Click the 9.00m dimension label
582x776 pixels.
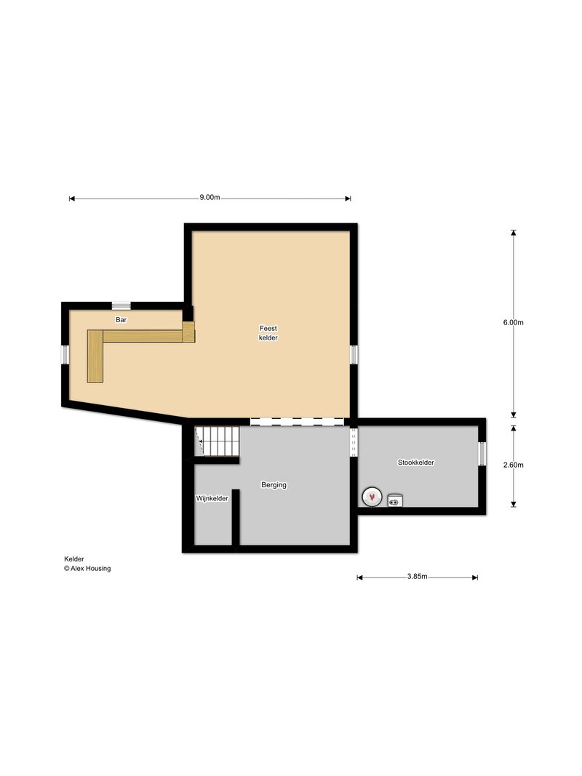pyautogui.click(x=210, y=198)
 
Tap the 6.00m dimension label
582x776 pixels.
pyautogui.click(x=513, y=323)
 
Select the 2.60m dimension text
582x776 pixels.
pyautogui.click(x=513, y=465)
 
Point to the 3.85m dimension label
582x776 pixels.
pyautogui.click(x=417, y=577)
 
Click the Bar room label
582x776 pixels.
pyautogui.click(x=121, y=320)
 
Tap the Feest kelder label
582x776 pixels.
pyautogui.click(x=268, y=333)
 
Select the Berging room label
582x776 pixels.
pyautogui.click(x=274, y=485)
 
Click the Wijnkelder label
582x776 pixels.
pyautogui.click(x=212, y=498)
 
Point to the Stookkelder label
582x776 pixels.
pyautogui.click(x=415, y=463)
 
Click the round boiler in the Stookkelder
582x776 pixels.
pyautogui.click(x=372, y=497)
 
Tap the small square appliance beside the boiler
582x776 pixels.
pyautogui.click(x=395, y=500)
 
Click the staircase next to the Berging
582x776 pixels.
pyautogui.click(x=218, y=441)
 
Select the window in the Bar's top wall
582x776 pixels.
pyautogui.click(x=121, y=306)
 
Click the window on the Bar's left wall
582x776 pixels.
pyautogui.click(x=65, y=354)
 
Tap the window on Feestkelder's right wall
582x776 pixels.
pyautogui.click(x=354, y=355)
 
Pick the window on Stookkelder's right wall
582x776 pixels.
pyautogui.click(x=482, y=454)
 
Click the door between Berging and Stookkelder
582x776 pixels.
pyautogui.click(x=354, y=442)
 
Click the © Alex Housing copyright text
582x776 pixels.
pyautogui.click(x=87, y=569)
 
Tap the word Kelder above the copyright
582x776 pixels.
pyautogui.click(x=73, y=559)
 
